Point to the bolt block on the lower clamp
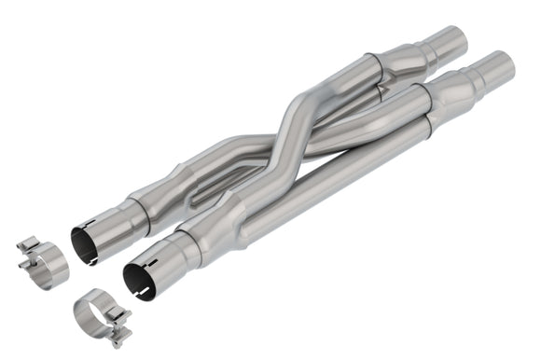tap(118, 330)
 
